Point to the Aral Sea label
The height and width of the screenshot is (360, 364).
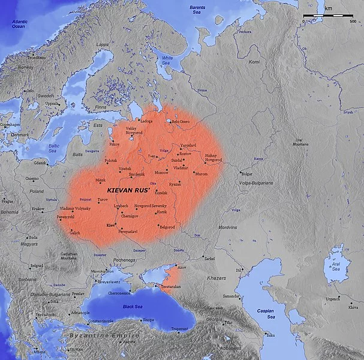pos(332,266)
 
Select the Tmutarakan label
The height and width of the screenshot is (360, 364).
pos(178,287)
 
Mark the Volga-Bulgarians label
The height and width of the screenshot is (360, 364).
pos(258,182)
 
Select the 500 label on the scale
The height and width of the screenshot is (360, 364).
pos(354,21)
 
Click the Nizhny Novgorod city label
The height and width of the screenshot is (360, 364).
pos(213,158)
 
